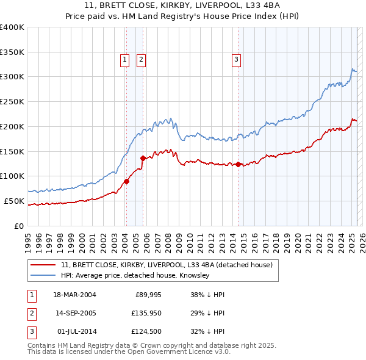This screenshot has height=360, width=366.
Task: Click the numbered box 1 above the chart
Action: pos(124,59)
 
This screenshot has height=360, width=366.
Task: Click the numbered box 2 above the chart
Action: pos(141,59)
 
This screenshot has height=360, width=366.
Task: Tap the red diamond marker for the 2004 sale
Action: pos(126,181)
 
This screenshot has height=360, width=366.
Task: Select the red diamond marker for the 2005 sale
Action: pos(143,158)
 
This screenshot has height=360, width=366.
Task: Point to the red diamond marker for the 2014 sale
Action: pos(238,164)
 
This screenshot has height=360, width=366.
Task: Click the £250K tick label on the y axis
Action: pos(12,102)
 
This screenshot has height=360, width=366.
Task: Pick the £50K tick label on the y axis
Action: pos(14,201)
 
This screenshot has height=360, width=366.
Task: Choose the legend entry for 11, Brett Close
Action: pos(170,265)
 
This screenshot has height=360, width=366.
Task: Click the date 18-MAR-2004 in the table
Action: pos(74,295)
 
